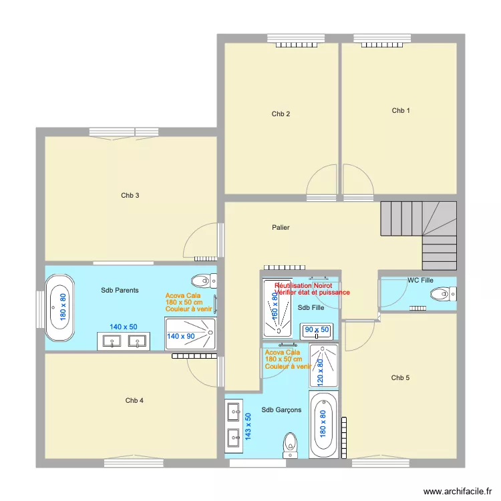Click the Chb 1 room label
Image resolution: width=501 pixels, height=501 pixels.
click(x=401, y=111)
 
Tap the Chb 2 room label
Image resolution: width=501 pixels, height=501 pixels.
click(x=281, y=114)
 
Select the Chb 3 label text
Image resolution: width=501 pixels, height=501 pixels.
click(x=130, y=196)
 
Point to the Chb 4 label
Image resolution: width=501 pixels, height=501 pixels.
click(x=134, y=401)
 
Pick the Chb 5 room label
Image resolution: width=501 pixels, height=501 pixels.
click(x=400, y=378)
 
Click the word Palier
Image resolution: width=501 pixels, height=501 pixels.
click(x=281, y=228)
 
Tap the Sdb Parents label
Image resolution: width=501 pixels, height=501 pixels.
click(x=120, y=290)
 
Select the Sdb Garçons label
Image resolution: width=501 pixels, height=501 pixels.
click(x=281, y=410)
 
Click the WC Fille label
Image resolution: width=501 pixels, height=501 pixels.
click(x=421, y=281)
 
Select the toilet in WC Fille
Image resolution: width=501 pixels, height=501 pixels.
click(x=440, y=293)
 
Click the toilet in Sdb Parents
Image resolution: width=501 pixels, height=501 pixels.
click(x=200, y=280)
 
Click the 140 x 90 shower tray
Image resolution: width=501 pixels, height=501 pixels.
click(x=190, y=334)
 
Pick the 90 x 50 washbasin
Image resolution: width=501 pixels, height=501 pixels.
click(x=317, y=330)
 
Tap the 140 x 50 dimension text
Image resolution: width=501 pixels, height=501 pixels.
click(x=124, y=327)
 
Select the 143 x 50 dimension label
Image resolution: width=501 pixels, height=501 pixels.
click(x=248, y=426)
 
